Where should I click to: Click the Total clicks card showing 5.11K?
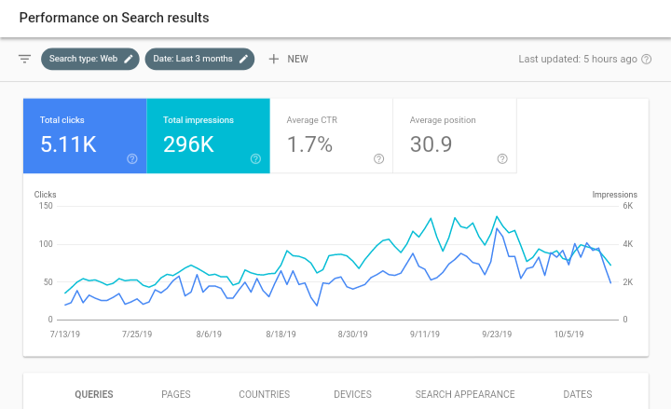pyautogui.click(x=84, y=136)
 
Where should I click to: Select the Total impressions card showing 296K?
pyautogui.click(x=208, y=136)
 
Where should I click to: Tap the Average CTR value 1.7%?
pyautogui.click(x=310, y=144)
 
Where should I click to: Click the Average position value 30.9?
pyautogui.click(x=431, y=144)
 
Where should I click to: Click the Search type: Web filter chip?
pyautogui.click(x=89, y=59)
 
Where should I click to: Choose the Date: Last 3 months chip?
pyautogui.click(x=199, y=59)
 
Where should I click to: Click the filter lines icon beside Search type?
pyautogui.click(x=25, y=59)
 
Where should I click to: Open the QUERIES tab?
pyautogui.click(x=94, y=394)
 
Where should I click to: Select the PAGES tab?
pyautogui.click(x=176, y=394)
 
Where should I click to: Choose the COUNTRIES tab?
pyautogui.click(x=265, y=394)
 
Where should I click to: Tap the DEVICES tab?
pyautogui.click(x=352, y=394)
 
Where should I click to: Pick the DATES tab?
pyautogui.click(x=578, y=394)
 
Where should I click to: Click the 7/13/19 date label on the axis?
pyautogui.click(x=65, y=333)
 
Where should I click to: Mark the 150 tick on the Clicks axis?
pyautogui.click(x=46, y=206)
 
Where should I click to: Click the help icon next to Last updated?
pyautogui.click(x=647, y=59)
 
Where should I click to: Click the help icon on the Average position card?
pyautogui.click(x=502, y=159)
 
